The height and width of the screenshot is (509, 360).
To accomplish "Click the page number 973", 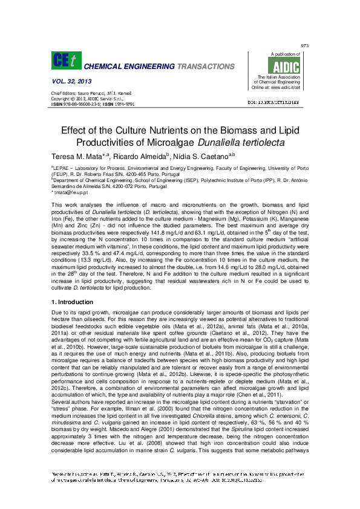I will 305,47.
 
